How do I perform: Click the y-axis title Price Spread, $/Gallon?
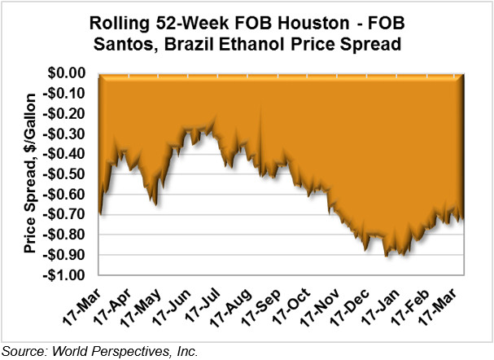point(30,173)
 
